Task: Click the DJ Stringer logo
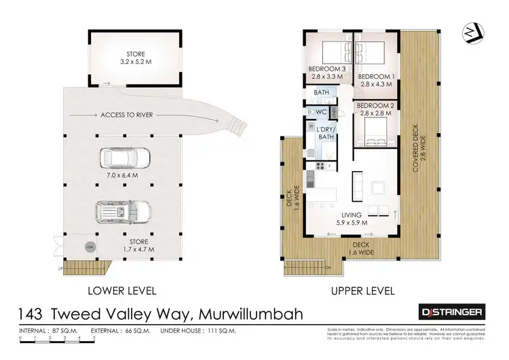pyautogui.click(x=449, y=312)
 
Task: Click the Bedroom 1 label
pyautogui.click(x=376, y=81)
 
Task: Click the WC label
pyautogui.click(x=322, y=111)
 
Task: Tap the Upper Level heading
pyautogui.click(x=363, y=291)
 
